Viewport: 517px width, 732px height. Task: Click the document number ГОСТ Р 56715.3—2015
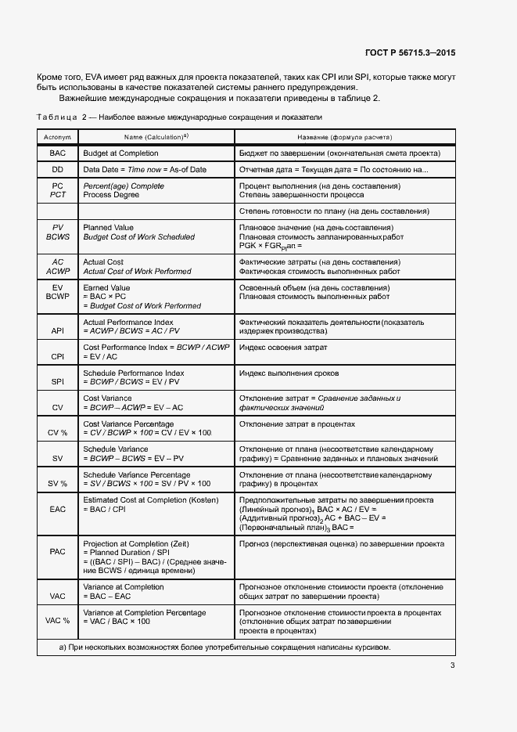point(410,52)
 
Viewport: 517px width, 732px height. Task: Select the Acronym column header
point(57,136)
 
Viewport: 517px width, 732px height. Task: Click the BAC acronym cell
point(57,153)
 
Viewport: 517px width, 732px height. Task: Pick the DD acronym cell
point(57,170)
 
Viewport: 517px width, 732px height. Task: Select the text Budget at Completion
point(120,153)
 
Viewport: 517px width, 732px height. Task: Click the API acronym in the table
point(57,331)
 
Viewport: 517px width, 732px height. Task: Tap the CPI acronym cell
point(57,356)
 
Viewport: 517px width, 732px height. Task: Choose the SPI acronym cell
point(57,382)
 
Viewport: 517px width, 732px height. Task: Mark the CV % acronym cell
point(57,433)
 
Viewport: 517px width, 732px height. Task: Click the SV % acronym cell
point(57,484)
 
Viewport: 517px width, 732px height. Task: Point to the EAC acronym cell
point(57,509)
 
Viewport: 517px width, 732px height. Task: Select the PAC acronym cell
point(57,552)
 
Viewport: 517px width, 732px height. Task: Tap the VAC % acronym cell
point(57,621)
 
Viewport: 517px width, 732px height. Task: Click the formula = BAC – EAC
point(106,597)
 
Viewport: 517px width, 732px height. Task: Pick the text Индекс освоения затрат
point(282,348)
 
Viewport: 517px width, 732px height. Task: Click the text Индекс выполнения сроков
point(289,373)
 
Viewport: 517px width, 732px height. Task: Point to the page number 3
point(452,666)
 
